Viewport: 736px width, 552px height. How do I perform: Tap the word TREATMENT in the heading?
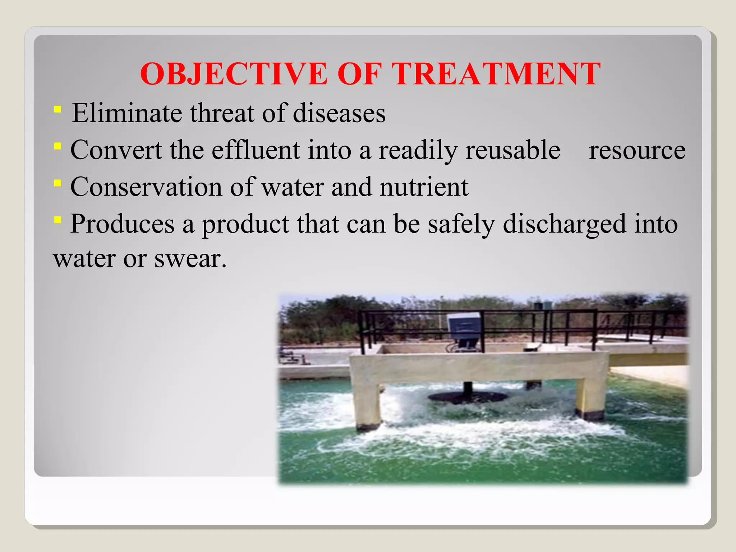coord(496,74)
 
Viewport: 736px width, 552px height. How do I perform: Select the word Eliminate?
coord(127,113)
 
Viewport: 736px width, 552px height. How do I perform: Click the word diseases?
coord(339,113)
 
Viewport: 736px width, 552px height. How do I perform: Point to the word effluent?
coord(256,150)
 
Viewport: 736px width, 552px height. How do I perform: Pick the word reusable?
coord(513,150)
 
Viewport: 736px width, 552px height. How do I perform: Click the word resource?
coord(637,150)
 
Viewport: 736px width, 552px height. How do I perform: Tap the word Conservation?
coord(146,187)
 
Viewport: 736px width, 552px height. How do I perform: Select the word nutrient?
coord(424,187)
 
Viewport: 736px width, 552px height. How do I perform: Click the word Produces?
coord(122,224)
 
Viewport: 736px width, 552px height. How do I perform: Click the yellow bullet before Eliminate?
coord(57,109)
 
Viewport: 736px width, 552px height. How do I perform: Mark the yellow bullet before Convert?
coord(57,146)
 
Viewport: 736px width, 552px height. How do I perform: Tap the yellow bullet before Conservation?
coord(57,183)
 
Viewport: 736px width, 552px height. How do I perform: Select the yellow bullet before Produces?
coord(57,220)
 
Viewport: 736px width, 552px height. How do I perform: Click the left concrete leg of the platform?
coord(367,402)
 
